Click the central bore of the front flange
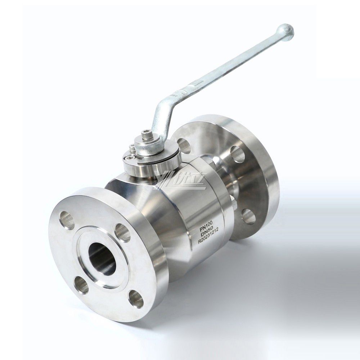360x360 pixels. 102,258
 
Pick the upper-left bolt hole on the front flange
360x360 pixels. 67,220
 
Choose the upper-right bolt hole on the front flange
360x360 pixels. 122,233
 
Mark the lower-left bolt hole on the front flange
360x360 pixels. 81,285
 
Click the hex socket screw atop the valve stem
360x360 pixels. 147,135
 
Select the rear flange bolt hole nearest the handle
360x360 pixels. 184,146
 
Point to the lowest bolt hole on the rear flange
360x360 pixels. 248,216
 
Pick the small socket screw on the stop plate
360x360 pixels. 130,157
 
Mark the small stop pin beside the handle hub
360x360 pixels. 132,148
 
